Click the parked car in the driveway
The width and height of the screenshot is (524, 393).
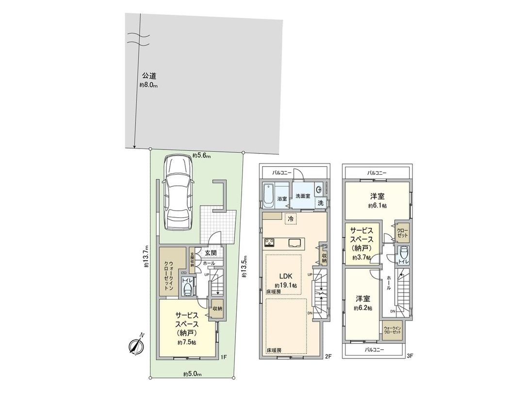pos(178,194)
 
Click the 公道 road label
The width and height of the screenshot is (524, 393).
pos(148,76)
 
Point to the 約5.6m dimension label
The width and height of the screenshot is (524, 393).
pos(200,155)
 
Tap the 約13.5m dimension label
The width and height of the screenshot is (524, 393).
pos(245,267)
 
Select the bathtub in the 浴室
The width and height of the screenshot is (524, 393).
pos(268,194)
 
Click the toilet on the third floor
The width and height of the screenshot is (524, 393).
pos(402,254)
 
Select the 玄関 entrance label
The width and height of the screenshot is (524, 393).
pos(210,253)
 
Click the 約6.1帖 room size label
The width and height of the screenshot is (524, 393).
pos(377,206)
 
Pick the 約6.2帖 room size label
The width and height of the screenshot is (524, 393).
pos(362,308)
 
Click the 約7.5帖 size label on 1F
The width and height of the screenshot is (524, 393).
pos(186,343)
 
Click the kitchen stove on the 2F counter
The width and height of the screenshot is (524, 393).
pos(270,242)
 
